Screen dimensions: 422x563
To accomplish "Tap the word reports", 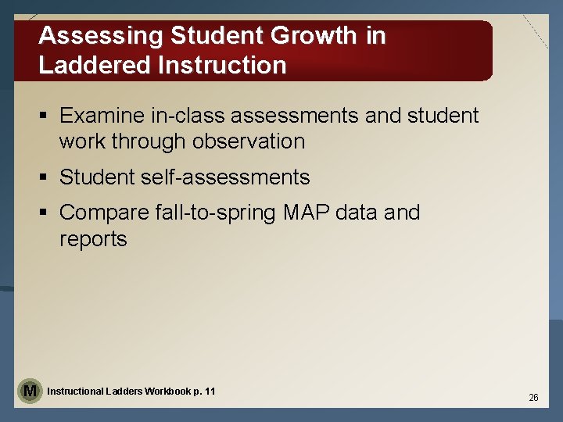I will click(x=93, y=239).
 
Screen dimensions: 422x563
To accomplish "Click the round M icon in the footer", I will click(x=30, y=390).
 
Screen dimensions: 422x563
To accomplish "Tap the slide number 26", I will click(x=533, y=398).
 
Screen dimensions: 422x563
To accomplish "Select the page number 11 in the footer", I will click(x=210, y=391).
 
